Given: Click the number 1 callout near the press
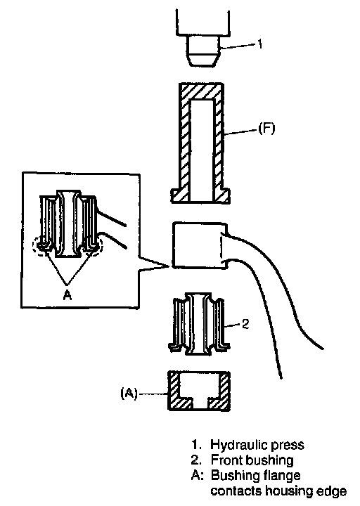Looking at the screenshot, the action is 260,44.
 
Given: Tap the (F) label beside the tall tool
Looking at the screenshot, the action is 266,129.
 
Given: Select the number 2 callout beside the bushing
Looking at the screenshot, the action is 245,324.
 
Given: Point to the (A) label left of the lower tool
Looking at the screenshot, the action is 129,394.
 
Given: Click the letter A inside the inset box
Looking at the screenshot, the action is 67,295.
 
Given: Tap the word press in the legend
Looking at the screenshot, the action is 288,446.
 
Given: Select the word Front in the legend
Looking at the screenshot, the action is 226,460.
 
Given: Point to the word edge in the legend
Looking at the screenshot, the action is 332,492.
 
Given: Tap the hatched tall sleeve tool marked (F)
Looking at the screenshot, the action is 200,143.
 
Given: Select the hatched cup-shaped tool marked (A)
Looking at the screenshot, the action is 199,391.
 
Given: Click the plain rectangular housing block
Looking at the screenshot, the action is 198,245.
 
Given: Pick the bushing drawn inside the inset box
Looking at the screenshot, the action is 67,223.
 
